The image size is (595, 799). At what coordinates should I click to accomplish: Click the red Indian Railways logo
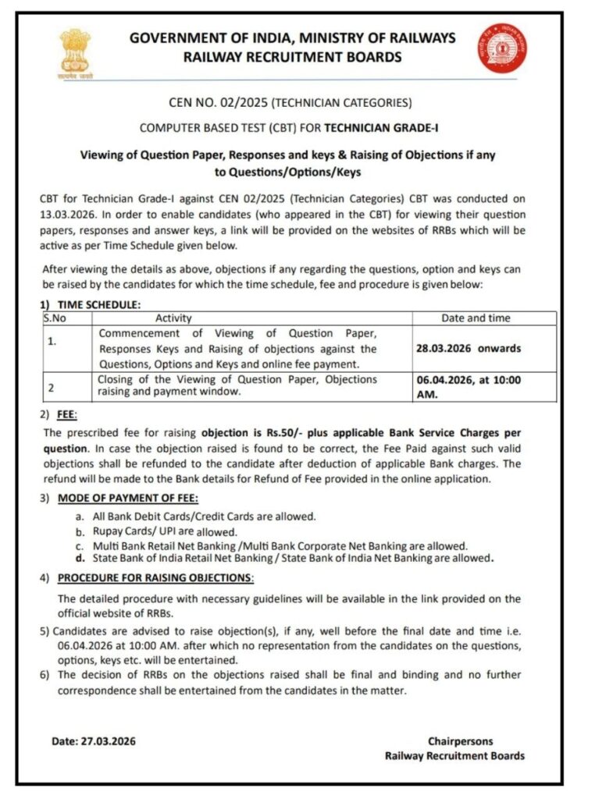coord(502,49)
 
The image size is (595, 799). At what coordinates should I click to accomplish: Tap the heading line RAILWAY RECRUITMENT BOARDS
coord(292,56)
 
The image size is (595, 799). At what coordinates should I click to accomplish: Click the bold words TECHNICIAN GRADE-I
coord(381,128)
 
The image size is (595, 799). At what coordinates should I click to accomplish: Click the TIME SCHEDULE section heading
coord(99,305)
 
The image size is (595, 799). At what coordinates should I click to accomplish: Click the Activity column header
coord(173,318)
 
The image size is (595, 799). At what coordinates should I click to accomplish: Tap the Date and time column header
coord(476,318)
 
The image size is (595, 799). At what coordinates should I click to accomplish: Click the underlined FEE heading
coord(67,416)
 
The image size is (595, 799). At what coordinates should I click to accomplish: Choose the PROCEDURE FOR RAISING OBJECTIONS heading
coord(156,578)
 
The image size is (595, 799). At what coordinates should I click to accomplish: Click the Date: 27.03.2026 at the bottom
coord(94,741)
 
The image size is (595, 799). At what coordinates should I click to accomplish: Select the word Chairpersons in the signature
coord(460,741)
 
